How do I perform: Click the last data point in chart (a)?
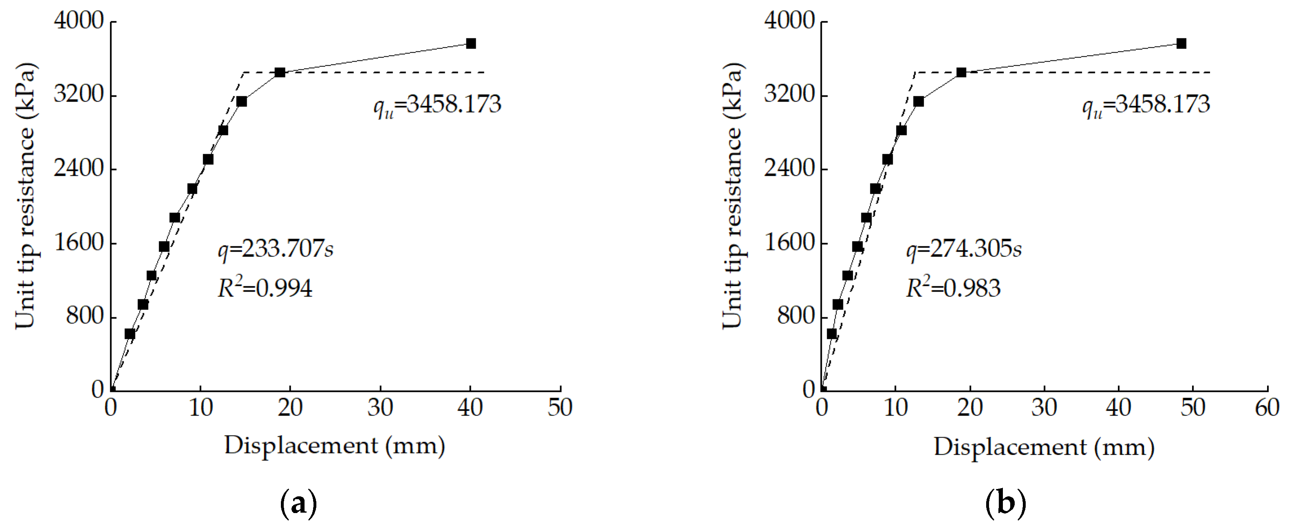[471, 43]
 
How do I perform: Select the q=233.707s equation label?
[275, 249]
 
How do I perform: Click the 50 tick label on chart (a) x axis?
[560, 408]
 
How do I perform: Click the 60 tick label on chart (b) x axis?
[1267, 408]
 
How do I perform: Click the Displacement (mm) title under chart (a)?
[335, 446]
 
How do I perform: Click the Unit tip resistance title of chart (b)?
[733, 196]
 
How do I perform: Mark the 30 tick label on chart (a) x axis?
[380, 408]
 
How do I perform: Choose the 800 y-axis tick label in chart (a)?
[84, 316]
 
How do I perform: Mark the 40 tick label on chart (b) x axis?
[1118, 408]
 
